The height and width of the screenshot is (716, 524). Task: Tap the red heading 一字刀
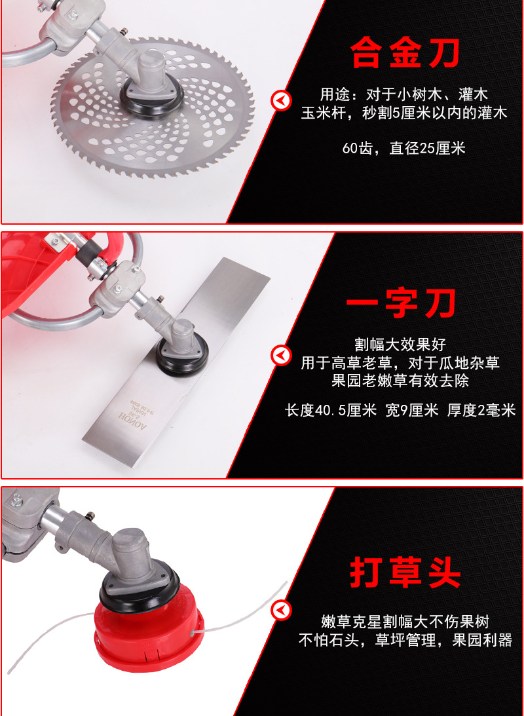(x=402, y=304)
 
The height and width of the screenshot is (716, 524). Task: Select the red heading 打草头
(x=405, y=573)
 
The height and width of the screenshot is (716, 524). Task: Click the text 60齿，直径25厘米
(x=404, y=149)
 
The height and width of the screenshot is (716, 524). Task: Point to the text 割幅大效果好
(x=400, y=344)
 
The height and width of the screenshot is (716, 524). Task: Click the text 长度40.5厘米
(x=331, y=410)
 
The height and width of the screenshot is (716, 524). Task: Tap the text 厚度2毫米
(x=481, y=410)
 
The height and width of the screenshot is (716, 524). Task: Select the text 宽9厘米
(x=412, y=410)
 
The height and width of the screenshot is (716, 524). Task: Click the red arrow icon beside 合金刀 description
(x=281, y=100)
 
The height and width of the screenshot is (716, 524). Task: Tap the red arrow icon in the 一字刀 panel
(x=281, y=356)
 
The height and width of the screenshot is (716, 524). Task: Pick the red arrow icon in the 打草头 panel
(x=281, y=610)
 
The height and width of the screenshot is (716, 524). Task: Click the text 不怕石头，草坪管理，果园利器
(x=405, y=640)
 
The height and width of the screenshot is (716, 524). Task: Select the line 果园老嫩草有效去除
(x=400, y=381)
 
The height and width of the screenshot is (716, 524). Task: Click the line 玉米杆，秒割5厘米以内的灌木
(x=404, y=113)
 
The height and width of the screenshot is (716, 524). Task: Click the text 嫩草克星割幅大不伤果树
(x=405, y=622)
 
